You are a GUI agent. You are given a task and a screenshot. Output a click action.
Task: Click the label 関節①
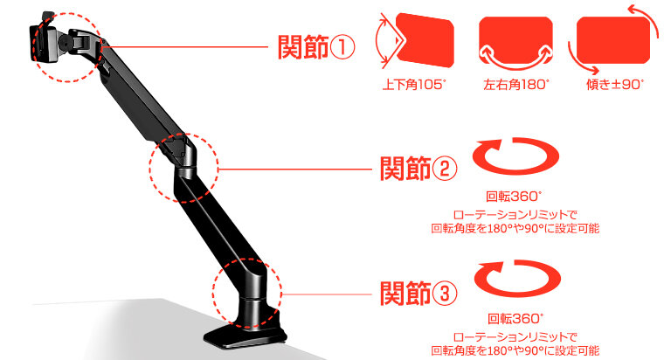tap(316, 47)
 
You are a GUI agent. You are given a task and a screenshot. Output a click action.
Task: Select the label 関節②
tap(418, 169)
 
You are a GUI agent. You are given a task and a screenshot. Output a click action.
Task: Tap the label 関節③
tap(418, 293)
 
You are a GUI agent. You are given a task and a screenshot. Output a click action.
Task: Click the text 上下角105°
tap(414, 85)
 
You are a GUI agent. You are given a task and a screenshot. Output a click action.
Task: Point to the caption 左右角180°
tap(515, 85)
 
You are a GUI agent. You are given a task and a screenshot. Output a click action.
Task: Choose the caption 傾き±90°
tap(615, 85)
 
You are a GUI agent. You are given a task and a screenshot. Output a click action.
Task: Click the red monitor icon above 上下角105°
tap(425, 40)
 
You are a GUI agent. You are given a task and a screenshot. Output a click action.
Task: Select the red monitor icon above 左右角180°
tap(515, 40)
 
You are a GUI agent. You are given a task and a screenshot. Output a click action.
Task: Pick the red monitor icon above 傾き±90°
tap(613, 40)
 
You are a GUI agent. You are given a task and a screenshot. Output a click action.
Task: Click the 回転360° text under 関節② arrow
tap(514, 197)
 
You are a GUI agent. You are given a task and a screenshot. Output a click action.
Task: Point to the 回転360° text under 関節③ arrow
tap(515, 318)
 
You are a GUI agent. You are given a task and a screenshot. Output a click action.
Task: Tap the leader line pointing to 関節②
tap(294, 169)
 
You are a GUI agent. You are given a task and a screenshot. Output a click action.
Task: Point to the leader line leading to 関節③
tap(327, 294)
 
